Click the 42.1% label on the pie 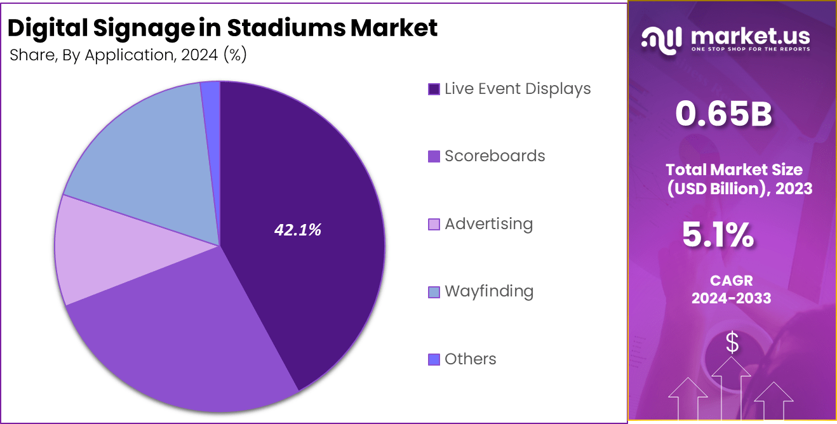(297, 230)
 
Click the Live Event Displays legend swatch (434, 89)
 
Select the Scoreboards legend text (495, 156)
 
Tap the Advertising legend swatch (434, 224)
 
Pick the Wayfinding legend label (489, 291)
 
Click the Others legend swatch (434, 359)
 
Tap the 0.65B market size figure (723, 114)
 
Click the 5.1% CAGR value (718, 235)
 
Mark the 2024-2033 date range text (732, 298)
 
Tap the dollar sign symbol (732, 343)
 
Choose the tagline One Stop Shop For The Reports (750, 50)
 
